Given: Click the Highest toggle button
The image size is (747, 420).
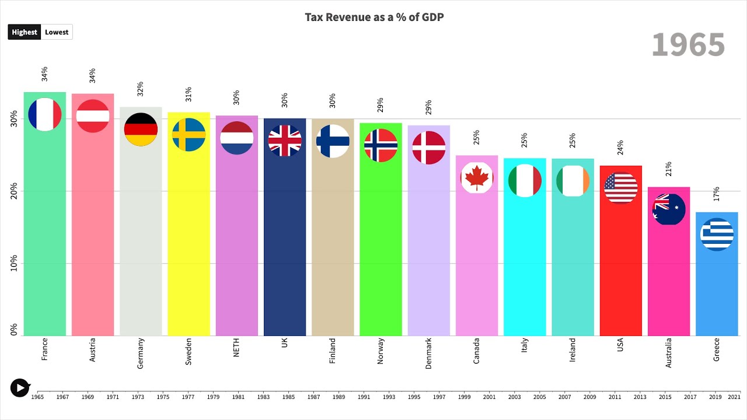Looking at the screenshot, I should [x=25, y=32].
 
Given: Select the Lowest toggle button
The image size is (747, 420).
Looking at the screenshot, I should [x=57, y=32].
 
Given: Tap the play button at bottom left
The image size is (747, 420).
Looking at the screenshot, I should [x=20, y=387].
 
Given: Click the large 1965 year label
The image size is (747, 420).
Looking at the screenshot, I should [x=688, y=45].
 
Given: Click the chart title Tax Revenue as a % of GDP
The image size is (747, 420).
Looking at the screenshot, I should [x=374, y=17].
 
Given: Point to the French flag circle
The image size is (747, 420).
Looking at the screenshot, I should [x=45, y=114].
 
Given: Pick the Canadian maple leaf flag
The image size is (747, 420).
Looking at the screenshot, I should [x=477, y=177].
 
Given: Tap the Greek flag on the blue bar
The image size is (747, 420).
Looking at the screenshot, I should [x=717, y=235].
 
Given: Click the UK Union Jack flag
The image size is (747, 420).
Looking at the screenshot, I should [x=285, y=141].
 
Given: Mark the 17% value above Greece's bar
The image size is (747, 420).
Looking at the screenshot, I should [x=717, y=194].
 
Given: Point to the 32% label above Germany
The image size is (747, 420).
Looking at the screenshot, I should [x=141, y=89].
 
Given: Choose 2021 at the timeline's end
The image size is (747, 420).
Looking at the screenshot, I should [x=734, y=397].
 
